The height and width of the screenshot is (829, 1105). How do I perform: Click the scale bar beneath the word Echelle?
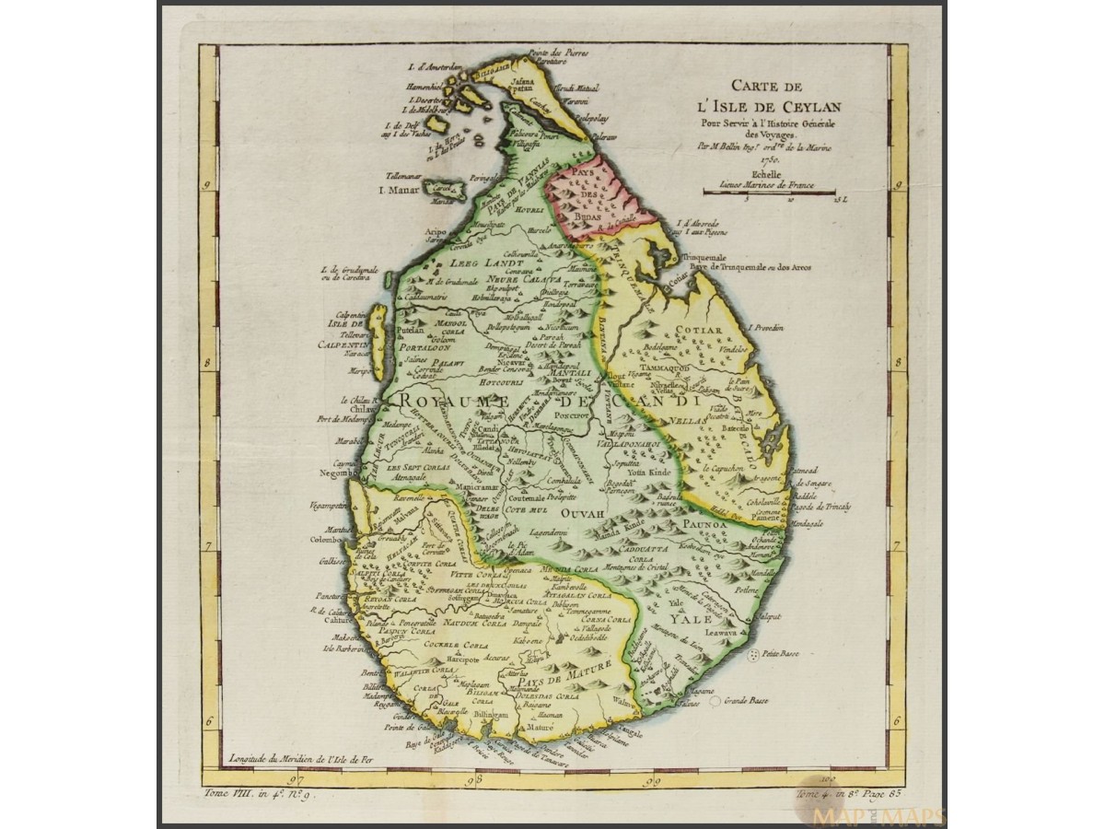[769, 191]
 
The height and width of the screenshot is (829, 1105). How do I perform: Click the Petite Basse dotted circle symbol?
[754, 654]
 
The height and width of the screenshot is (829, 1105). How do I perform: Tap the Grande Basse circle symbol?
[715, 701]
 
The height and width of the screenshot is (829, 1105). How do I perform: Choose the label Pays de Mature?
[572, 659]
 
